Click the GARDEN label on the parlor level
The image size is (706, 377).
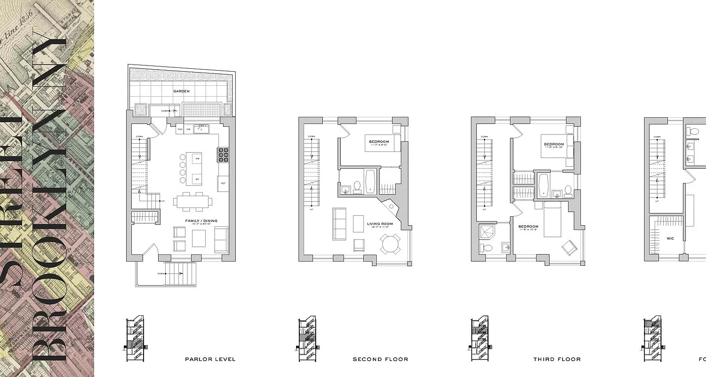click(x=181, y=91)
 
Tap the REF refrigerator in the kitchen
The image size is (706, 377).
click(x=223, y=183)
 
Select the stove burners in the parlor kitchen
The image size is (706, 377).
click(x=223, y=155)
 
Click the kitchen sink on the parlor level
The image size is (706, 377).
click(x=203, y=127)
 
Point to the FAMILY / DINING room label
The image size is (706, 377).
click(x=201, y=221)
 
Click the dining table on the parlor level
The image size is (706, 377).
click(x=193, y=202)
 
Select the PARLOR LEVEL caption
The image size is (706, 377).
click(x=210, y=360)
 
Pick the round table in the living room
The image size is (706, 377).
click(x=391, y=244)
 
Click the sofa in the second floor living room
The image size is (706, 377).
click(x=339, y=223)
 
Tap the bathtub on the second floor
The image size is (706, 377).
click(x=370, y=181)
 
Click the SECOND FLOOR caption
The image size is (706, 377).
click(x=380, y=360)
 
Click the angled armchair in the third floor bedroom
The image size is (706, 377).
click(x=567, y=246)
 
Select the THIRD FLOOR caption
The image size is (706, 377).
click(x=557, y=360)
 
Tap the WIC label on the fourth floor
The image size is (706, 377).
click(x=670, y=238)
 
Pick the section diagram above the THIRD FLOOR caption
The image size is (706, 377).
click(x=480, y=339)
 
